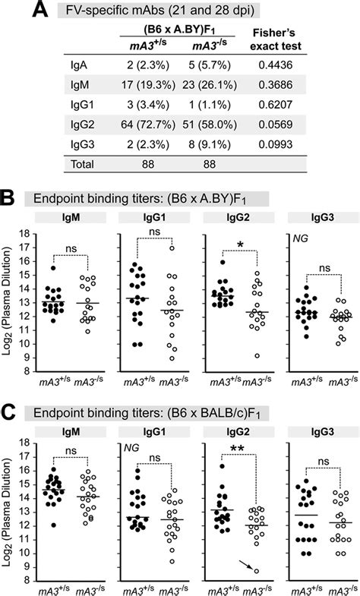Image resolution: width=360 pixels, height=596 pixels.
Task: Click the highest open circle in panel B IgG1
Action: pos(172,248)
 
